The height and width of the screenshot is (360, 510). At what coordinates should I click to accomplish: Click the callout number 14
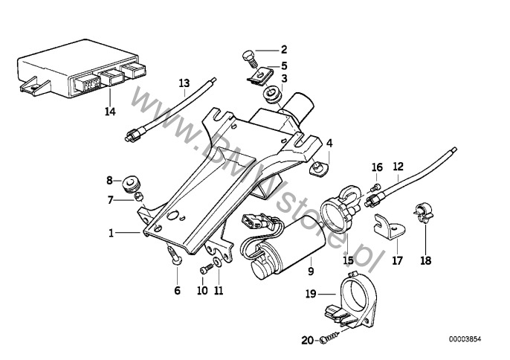coord(110,112)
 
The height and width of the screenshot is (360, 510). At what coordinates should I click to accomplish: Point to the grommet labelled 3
coord(270,95)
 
